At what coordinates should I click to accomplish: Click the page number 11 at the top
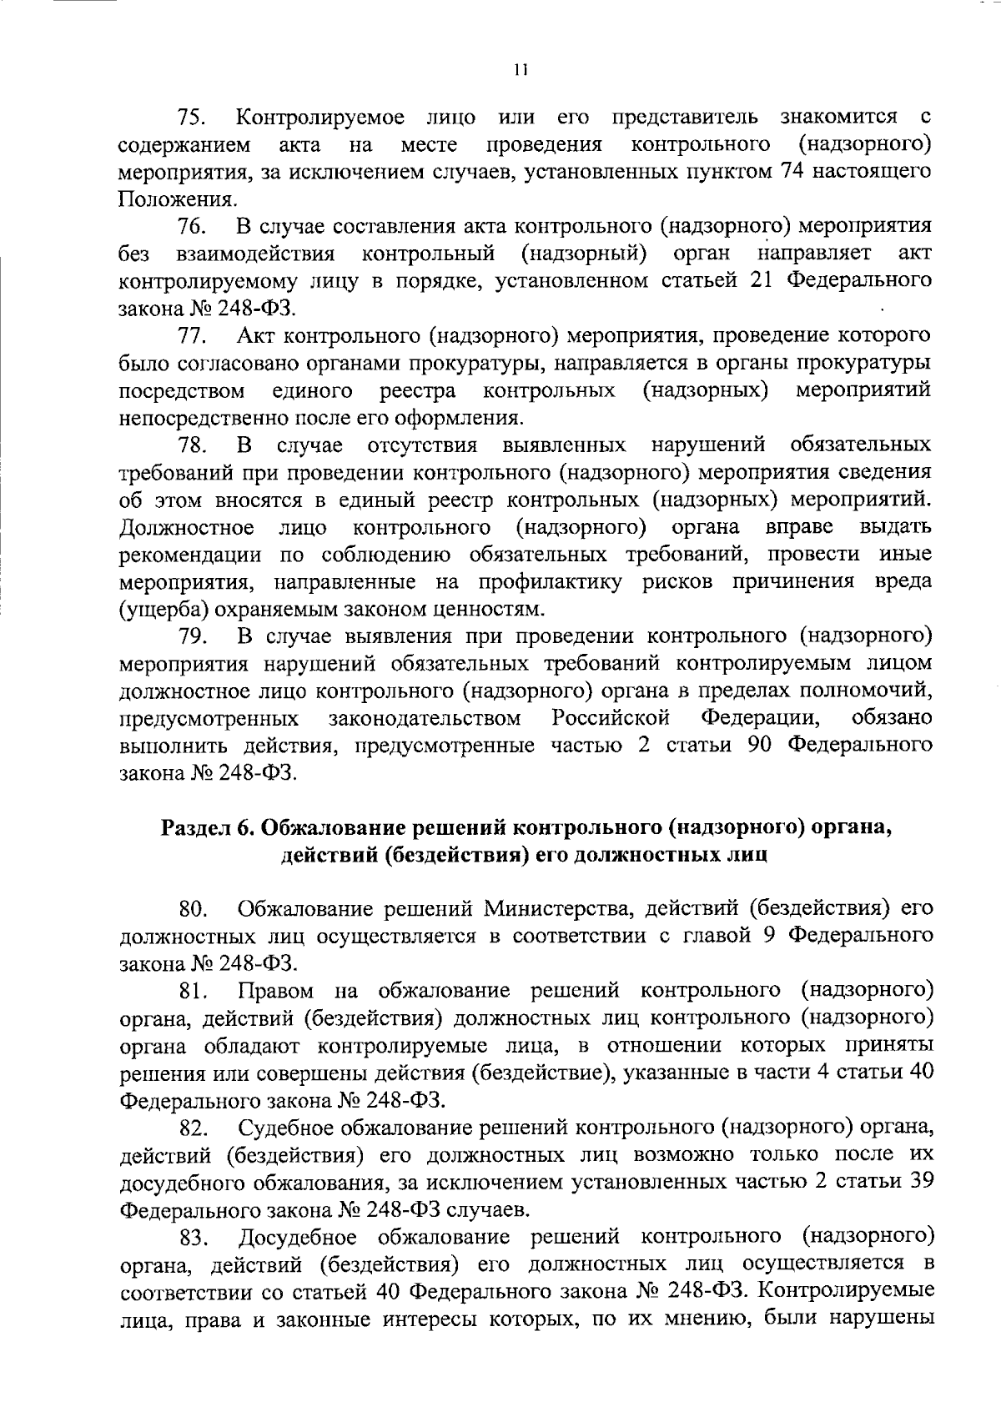point(521,71)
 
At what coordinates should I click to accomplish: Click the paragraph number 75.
point(192,117)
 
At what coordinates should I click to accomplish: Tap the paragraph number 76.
point(192,227)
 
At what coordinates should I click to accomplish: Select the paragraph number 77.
point(192,336)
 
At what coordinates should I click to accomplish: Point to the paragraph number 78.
point(192,445)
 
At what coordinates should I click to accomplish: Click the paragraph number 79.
point(192,637)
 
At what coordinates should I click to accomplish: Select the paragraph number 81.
point(192,992)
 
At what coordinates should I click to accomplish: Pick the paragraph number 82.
point(192,1129)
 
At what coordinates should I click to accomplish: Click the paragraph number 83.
point(192,1239)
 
